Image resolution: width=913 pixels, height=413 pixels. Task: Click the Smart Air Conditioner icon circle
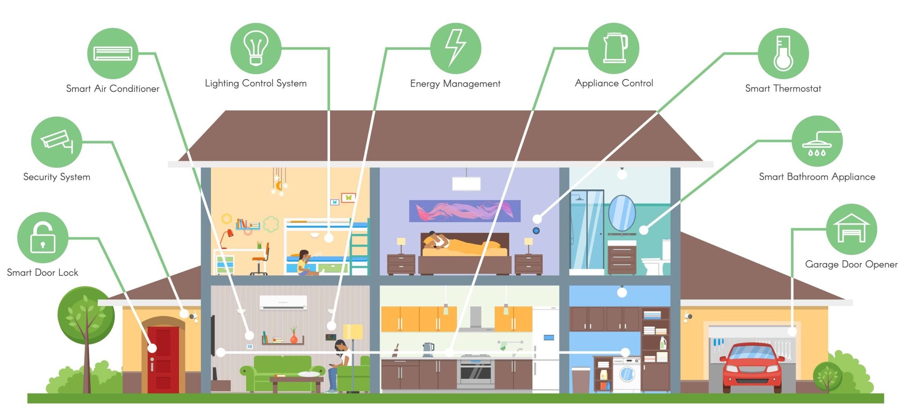pyautogui.click(x=113, y=53)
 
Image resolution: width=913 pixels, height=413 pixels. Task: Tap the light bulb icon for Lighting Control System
pyautogui.click(x=256, y=48)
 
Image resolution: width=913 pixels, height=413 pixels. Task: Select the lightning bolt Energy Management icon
pyautogui.click(x=456, y=48)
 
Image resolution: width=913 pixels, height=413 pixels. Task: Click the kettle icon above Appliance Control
pyautogui.click(x=614, y=48)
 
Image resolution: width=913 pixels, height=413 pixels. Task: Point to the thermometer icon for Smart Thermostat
pyautogui.click(x=783, y=53)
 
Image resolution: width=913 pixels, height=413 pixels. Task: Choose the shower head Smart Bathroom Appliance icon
pyautogui.click(x=817, y=141)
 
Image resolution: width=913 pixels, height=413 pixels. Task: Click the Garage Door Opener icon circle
pyautogui.click(x=851, y=229)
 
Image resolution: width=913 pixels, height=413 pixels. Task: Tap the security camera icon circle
pyautogui.click(x=56, y=142)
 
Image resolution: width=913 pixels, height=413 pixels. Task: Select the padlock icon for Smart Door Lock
pyautogui.click(x=43, y=237)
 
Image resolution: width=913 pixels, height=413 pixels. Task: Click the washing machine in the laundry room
pyautogui.click(x=626, y=374)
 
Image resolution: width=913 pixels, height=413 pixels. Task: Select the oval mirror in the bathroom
pyautogui.click(x=622, y=213)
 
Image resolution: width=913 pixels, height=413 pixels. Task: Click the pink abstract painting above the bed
pyautogui.click(x=465, y=211)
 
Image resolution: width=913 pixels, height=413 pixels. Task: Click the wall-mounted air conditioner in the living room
pyautogui.click(x=283, y=303)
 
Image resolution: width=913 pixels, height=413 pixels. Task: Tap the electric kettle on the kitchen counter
pyautogui.click(x=428, y=349)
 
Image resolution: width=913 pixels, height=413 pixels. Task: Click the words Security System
pyautogui.click(x=57, y=177)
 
